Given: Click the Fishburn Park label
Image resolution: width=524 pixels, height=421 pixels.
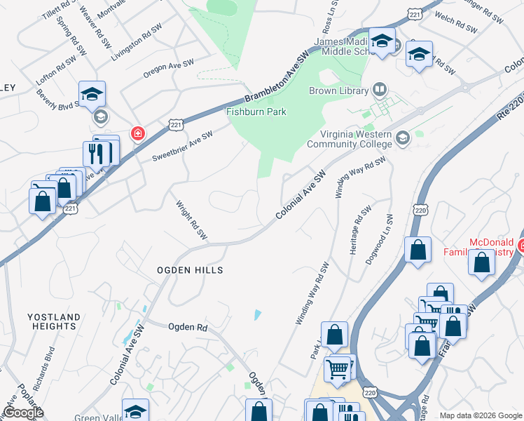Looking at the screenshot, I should pyautogui.click(x=256, y=112).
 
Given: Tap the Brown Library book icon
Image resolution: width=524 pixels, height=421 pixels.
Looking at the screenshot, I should pyautogui.click(x=379, y=90).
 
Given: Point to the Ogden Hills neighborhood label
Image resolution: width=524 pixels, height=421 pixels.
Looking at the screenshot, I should pyautogui.click(x=190, y=270).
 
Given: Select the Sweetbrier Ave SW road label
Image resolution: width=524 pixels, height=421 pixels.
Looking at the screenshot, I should pyautogui.click(x=182, y=146).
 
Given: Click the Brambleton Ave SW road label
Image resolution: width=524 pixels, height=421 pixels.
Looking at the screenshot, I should pyautogui.click(x=277, y=78).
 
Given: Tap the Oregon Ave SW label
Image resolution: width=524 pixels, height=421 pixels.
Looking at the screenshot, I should pyautogui.click(x=167, y=65).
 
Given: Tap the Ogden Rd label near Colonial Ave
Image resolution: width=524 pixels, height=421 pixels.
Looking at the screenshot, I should pyautogui.click(x=188, y=327).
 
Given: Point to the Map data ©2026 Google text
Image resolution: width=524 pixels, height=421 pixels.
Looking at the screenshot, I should pyautogui.click(x=481, y=415).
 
